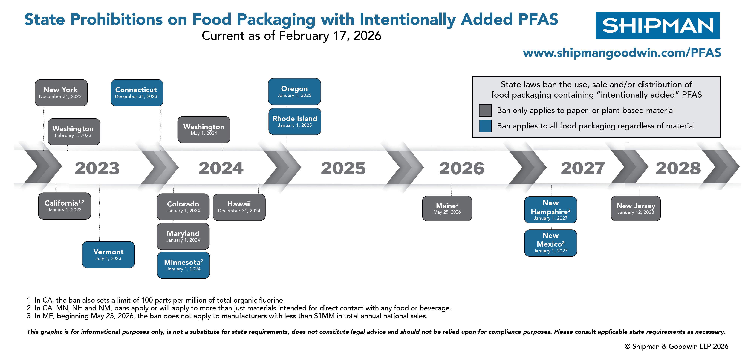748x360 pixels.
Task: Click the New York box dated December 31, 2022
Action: point(61,93)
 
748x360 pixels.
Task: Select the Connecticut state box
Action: point(137,93)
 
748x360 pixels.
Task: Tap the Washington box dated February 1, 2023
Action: point(74,131)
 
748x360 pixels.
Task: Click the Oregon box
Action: point(294,91)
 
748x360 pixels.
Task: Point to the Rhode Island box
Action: point(295,121)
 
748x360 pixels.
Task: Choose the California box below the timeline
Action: point(65,206)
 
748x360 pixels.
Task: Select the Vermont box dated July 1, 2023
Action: point(108,255)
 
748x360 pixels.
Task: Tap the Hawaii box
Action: point(239,207)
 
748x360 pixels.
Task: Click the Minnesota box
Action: point(183,265)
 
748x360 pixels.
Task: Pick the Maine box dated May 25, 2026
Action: point(447,209)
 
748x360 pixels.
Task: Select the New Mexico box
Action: point(550,243)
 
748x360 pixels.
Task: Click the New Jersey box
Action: point(635,209)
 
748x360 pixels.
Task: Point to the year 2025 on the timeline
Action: point(343,168)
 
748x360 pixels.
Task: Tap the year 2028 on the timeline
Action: point(678,168)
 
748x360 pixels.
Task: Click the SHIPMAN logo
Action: point(657,26)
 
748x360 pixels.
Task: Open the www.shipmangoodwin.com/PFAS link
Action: point(622,53)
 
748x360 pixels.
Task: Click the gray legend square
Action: point(485,110)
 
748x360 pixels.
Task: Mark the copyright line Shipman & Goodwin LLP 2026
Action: point(676,346)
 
